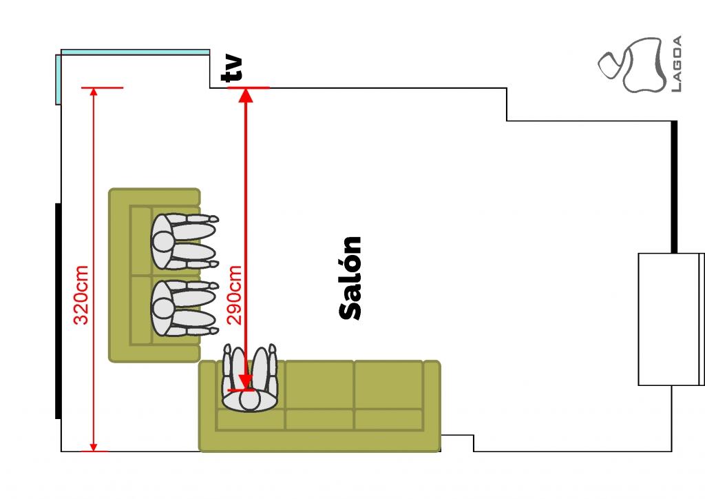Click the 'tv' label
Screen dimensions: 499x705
(234, 69)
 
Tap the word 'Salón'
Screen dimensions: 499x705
(350, 278)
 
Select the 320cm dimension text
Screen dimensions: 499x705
(81, 294)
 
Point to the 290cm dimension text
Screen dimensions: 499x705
(235, 294)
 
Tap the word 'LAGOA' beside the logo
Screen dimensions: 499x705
(676, 64)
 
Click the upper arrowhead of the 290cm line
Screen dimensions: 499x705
(246, 95)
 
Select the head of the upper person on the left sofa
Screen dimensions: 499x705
(163, 241)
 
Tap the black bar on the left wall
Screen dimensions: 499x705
(58, 310)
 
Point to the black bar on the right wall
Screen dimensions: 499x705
(674, 186)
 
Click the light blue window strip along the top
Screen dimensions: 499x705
(135, 52)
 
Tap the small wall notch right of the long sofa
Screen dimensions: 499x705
(457, 442)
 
